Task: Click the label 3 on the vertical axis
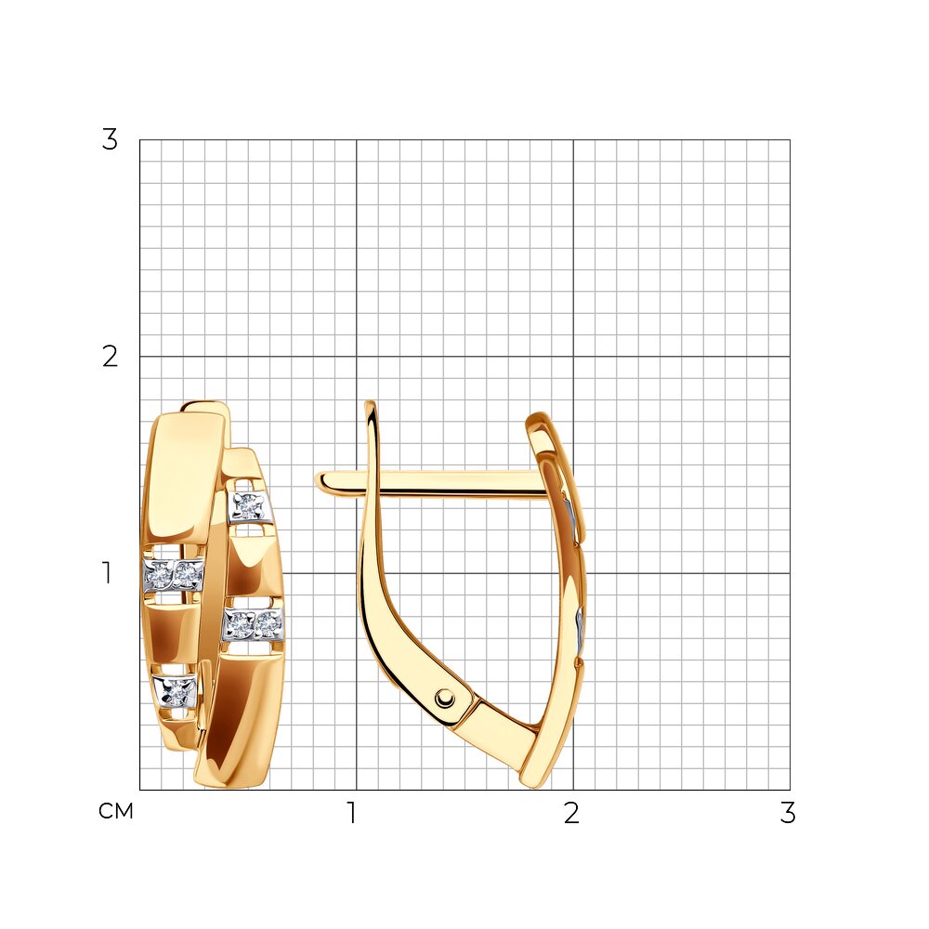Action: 111,140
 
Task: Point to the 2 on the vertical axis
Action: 111,357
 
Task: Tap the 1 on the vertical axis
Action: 107,573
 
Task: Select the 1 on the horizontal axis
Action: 352,813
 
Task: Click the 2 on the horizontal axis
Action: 571,813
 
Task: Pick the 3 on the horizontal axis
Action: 788,813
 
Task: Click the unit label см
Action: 116,811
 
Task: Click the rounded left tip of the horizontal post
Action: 320,480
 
